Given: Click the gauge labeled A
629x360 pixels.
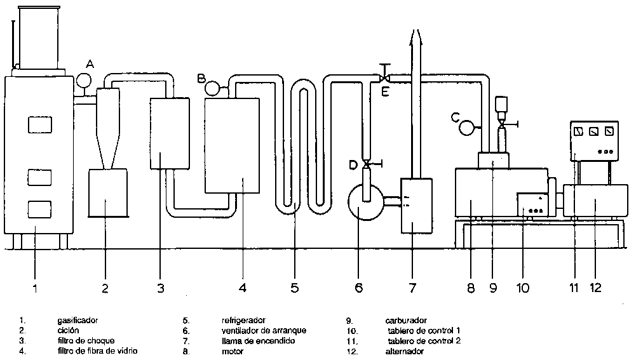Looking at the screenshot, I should (83, 81).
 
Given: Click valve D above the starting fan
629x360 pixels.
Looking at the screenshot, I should (367, 165).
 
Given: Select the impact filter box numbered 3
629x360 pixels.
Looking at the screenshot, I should (170, 133).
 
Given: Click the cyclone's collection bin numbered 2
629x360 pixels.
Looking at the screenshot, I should (107, 193).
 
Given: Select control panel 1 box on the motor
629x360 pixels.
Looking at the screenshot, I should (532, 205).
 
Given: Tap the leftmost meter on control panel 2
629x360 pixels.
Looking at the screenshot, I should (578, 132).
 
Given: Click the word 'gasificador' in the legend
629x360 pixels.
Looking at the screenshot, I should (78, 321).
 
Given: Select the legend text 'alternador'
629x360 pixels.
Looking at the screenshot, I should (405, 351).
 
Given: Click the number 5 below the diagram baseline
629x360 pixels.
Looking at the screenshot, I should (295, 288).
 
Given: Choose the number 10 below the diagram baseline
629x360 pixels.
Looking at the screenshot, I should (522, 288).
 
